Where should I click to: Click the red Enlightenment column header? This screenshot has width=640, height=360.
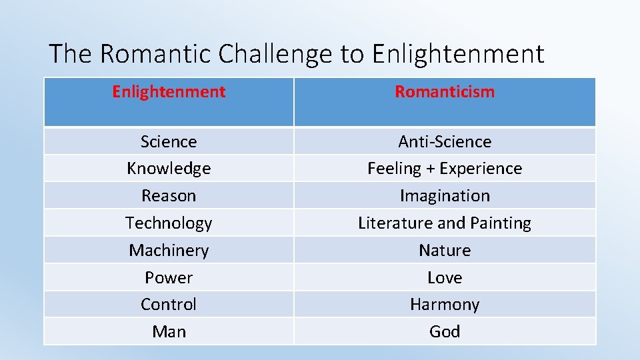click(169, 92)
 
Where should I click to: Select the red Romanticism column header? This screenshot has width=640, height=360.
click(445, 92)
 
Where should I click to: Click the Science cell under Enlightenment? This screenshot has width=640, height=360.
click(169, 141)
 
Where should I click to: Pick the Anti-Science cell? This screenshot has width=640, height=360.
click(445, 141)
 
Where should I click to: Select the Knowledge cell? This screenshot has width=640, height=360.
click(169, 169)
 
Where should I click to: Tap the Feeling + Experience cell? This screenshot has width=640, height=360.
click(445, 169)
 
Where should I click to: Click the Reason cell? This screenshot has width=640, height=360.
click(169, 196)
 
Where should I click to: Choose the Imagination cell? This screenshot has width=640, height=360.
click(445, 196)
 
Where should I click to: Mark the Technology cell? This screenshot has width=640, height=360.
click(169, 223)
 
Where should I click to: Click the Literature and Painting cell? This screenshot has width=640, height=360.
click(445, 223)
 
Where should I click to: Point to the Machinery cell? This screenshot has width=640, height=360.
click(169, 251)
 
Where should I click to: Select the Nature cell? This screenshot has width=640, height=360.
click(445, 251)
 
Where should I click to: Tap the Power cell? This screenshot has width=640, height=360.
click(169, 277)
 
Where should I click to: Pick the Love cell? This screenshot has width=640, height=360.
click(445, 277)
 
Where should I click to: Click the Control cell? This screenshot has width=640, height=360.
click(169, 305)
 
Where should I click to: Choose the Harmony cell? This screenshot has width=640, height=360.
click(445, 305)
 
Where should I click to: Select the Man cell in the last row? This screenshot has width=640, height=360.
click(169, 331)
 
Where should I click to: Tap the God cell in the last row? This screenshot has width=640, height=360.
click(445, 331)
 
